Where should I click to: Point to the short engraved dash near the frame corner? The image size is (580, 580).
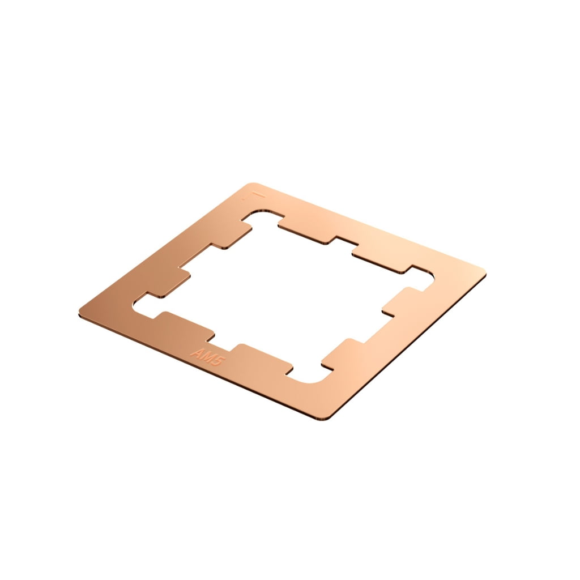point(258,195)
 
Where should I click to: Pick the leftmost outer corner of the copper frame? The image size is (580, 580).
point(80,311)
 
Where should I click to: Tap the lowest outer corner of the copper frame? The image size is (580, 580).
point(326,419)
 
